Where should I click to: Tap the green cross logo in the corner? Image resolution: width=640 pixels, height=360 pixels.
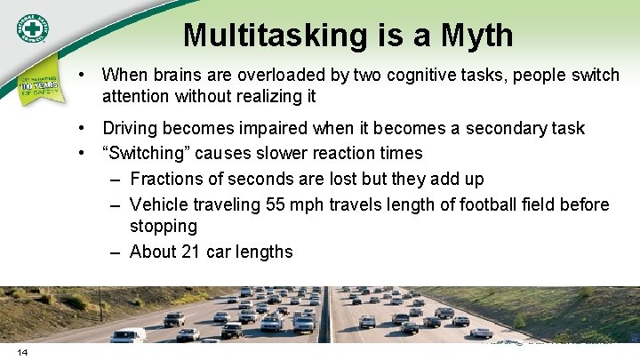point(36,29)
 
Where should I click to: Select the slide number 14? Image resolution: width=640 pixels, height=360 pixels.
point(22,352)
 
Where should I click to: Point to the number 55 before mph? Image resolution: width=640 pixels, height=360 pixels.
point(278,205)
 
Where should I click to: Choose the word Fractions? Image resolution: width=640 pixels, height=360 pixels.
point(169,179)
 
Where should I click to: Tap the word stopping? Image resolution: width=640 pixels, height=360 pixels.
point(163,227)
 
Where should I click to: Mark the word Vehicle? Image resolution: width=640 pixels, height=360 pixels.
point(160,205)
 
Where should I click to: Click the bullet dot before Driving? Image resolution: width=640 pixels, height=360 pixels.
point(81,128)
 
